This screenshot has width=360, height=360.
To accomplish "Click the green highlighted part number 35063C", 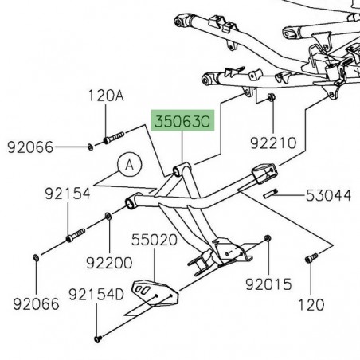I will tap(184, 123).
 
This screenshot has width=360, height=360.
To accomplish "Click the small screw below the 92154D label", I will tap(97, 338).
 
